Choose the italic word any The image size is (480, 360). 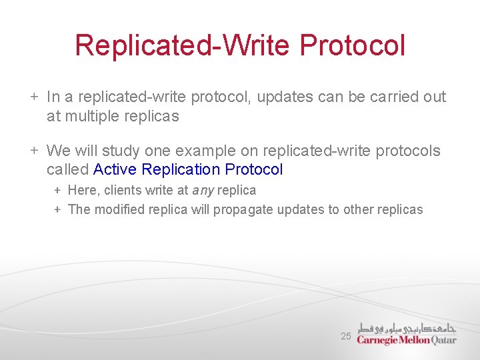(203, 190)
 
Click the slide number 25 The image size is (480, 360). (345, 337)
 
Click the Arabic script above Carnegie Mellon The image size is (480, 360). (407, 327)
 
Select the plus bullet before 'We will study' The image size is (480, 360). (34, 151)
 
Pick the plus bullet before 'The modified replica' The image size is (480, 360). (57, 209)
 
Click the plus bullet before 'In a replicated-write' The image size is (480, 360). (34, 97)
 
